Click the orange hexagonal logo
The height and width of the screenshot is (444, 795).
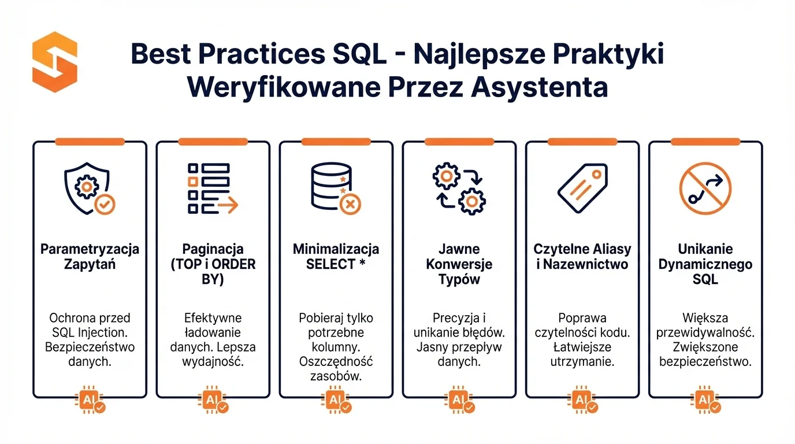(55, 62)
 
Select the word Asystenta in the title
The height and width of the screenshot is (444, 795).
(539, 87)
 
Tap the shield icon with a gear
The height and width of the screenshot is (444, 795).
(90, 188)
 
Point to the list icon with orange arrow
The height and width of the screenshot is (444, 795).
(213, 188)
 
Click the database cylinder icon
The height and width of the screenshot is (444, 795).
(336, 188)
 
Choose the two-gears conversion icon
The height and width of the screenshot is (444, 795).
(459, 188)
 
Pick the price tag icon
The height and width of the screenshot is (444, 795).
(582, 188)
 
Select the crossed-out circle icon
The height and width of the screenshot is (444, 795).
(705, 188)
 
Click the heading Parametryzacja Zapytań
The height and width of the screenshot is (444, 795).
(90, 257)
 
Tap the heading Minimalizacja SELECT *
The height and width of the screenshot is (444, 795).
(336, 257)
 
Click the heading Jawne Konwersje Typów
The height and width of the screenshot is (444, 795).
(459, 264)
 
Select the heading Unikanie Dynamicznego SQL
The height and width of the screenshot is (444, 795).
(705, 264)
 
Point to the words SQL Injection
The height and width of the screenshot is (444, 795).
(90, 332)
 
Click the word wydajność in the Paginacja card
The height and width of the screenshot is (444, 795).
(213, 361)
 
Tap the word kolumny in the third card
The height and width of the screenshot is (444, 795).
(336, 347)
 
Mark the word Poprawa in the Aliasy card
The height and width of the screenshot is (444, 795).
(582, 318)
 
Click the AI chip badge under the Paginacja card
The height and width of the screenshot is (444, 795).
(213, 399)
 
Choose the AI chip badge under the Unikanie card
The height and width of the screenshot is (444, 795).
(705, 399)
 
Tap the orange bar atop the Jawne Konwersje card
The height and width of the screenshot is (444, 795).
(459, 142)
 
